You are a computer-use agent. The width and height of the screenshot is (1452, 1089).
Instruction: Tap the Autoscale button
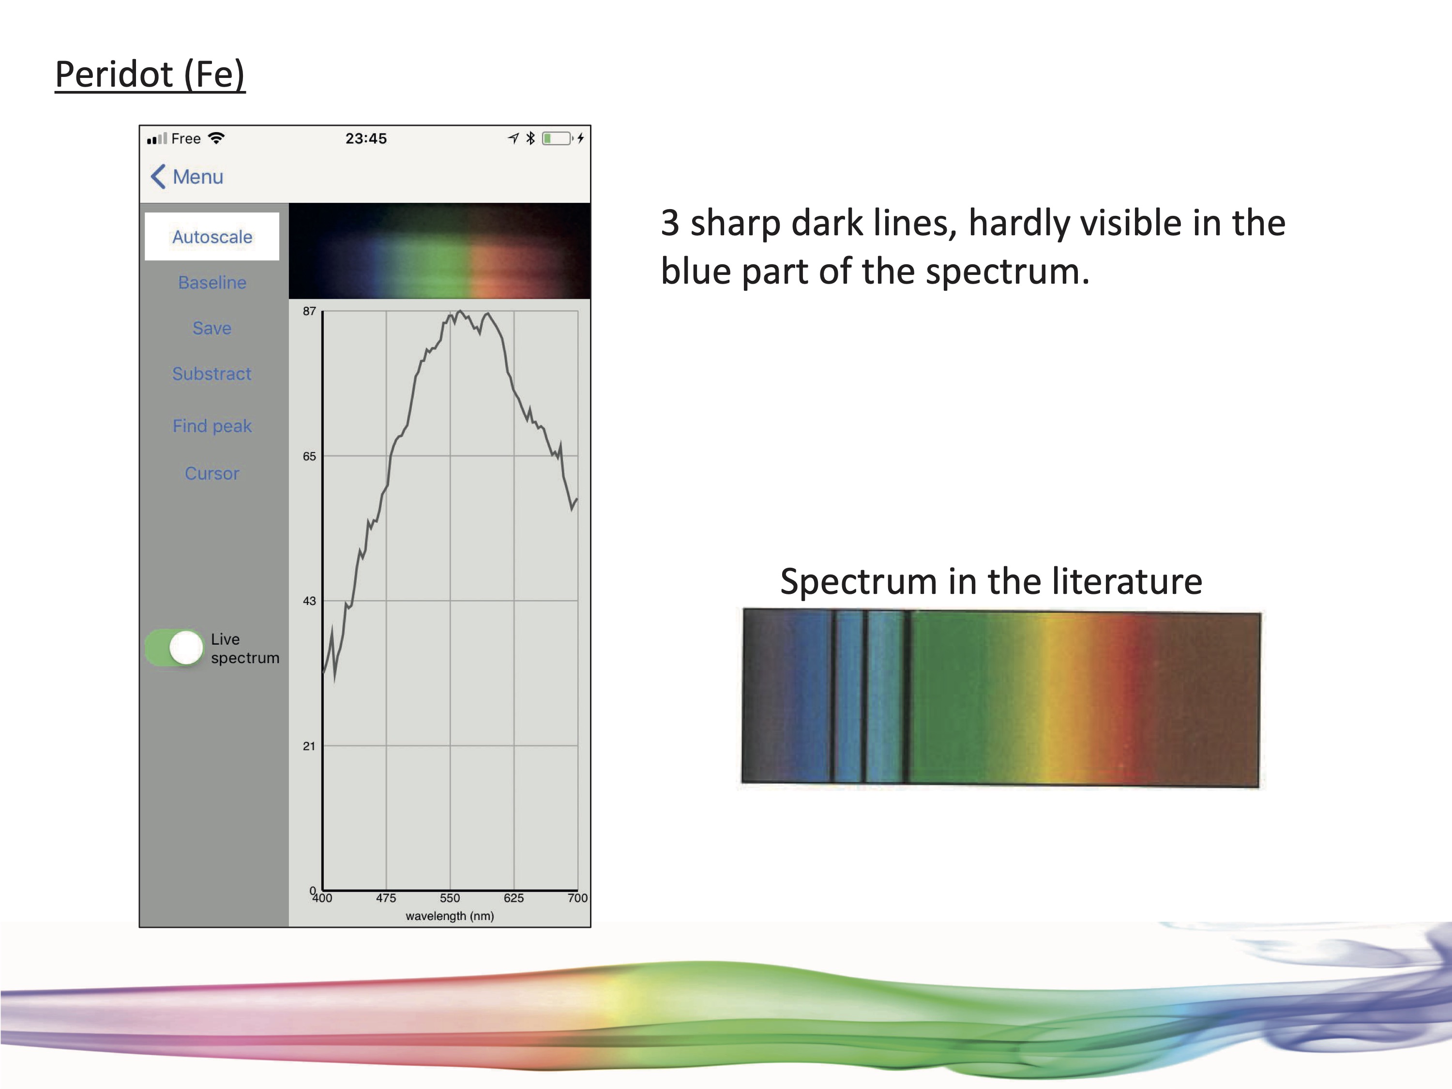[212, 236]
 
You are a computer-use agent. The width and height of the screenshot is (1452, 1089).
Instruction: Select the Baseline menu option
[212, 282]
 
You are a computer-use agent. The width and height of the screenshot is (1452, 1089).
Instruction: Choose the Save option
[212, 328]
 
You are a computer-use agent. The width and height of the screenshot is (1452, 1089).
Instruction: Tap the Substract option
[212, 374]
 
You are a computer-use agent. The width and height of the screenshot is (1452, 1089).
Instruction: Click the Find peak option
[212, 426]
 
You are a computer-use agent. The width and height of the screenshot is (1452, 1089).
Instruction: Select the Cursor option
[212, 473]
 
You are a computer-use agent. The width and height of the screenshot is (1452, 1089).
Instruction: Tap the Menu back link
[187, 177]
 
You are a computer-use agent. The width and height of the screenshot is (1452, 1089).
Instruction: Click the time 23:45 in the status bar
[366, 138]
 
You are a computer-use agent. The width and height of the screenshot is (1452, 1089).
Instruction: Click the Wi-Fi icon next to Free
[216, 138]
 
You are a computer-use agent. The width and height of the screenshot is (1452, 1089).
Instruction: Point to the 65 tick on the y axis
[309, 456]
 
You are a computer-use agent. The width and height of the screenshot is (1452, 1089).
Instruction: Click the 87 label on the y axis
[309, 311]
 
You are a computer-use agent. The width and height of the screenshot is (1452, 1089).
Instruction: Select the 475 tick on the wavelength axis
[386, 898]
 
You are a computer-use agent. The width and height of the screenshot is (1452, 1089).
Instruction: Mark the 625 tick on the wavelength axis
[514, 898]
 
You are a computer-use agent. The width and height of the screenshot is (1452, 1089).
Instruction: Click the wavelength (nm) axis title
[450, 916]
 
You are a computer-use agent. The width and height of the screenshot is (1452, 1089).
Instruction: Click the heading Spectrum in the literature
[991, 582]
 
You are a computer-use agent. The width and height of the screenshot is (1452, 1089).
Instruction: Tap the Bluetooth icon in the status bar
[530, 138]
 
